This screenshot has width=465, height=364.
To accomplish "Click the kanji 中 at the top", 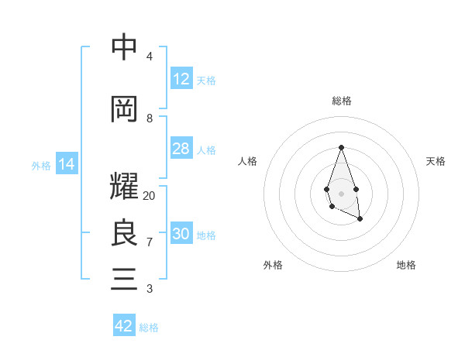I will click(x=124, y=47).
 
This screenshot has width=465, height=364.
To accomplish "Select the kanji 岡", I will click(x=124, y=108).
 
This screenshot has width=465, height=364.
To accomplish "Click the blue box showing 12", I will click(x=181, y=79).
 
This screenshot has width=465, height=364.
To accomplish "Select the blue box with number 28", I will click(x=181, y=149).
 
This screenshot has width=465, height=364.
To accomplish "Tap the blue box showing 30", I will click(x=181, y=234).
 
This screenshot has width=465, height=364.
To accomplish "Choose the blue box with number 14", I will click(x=67, y=164).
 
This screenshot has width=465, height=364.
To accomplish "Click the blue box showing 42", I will click(x=124, y=326).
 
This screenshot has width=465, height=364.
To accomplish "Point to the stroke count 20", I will click(x=150, y=196).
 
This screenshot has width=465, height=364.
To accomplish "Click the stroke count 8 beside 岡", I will click(x=150, y=118).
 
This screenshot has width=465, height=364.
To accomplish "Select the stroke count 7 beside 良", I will click(x=150, y=242).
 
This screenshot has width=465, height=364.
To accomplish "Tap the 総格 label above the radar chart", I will click(x=341, y=101).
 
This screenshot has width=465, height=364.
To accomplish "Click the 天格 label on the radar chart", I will click(x=436, y=161).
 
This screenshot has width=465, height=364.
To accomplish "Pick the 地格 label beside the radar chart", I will click(x=406, y=265).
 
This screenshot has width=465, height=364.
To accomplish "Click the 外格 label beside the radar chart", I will click(x=273, y=265).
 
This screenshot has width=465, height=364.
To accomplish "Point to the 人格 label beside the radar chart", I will click(x=247, y=161).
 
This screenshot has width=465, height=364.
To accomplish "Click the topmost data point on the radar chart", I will click(x=341, y=147).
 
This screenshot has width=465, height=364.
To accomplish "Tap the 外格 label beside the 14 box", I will click(x=41, y=165).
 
